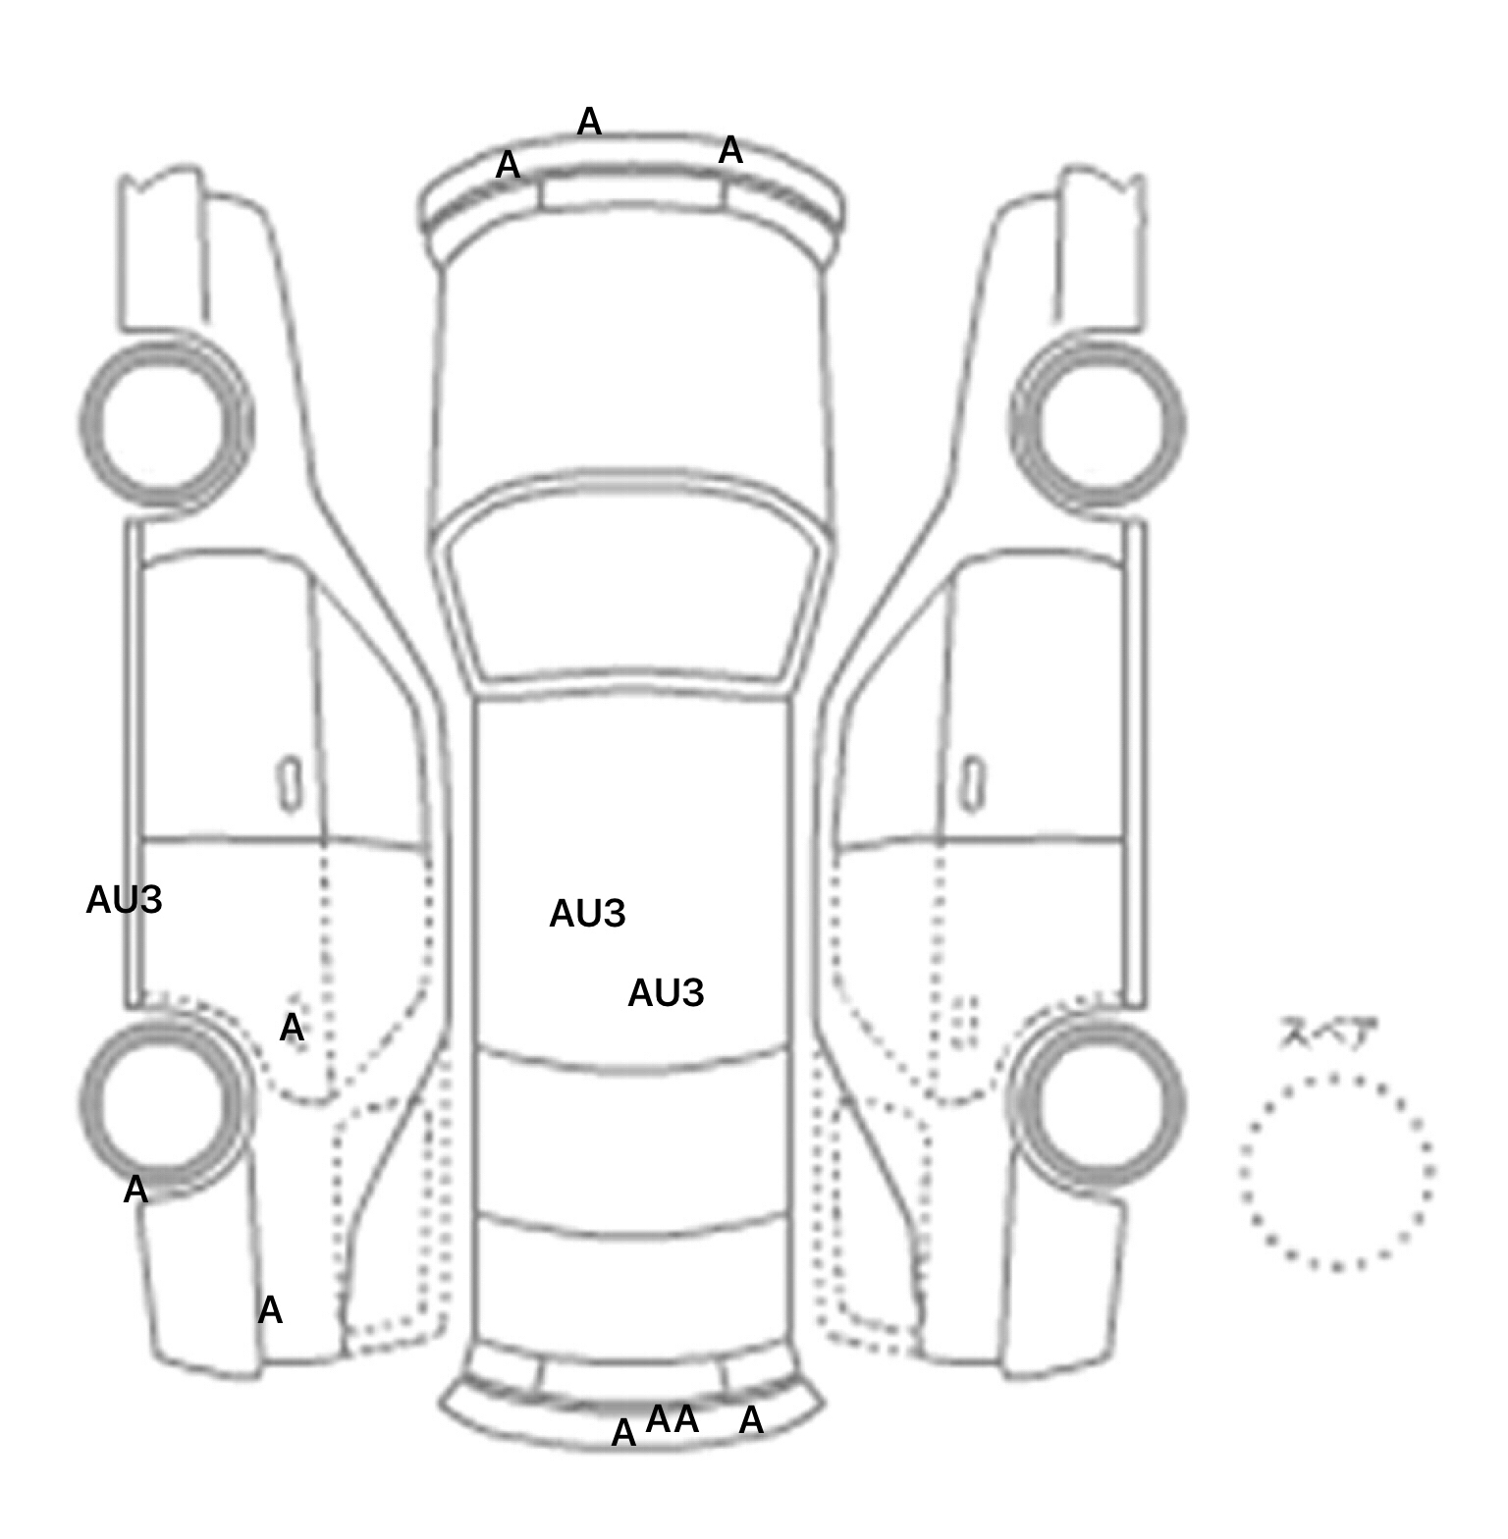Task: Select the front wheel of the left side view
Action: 166,422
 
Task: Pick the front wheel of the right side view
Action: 1098,424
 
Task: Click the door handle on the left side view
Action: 290,783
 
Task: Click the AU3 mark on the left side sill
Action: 124,900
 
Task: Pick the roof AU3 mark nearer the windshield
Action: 587,914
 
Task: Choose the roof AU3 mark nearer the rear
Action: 666,993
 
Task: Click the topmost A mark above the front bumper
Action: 589,122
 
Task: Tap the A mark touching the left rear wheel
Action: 135,1190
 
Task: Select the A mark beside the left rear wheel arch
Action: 292,1028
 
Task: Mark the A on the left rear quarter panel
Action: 270,1309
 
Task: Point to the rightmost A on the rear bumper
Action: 751,1419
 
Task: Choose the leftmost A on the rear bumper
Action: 623,1433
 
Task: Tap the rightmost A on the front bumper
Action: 730,150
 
